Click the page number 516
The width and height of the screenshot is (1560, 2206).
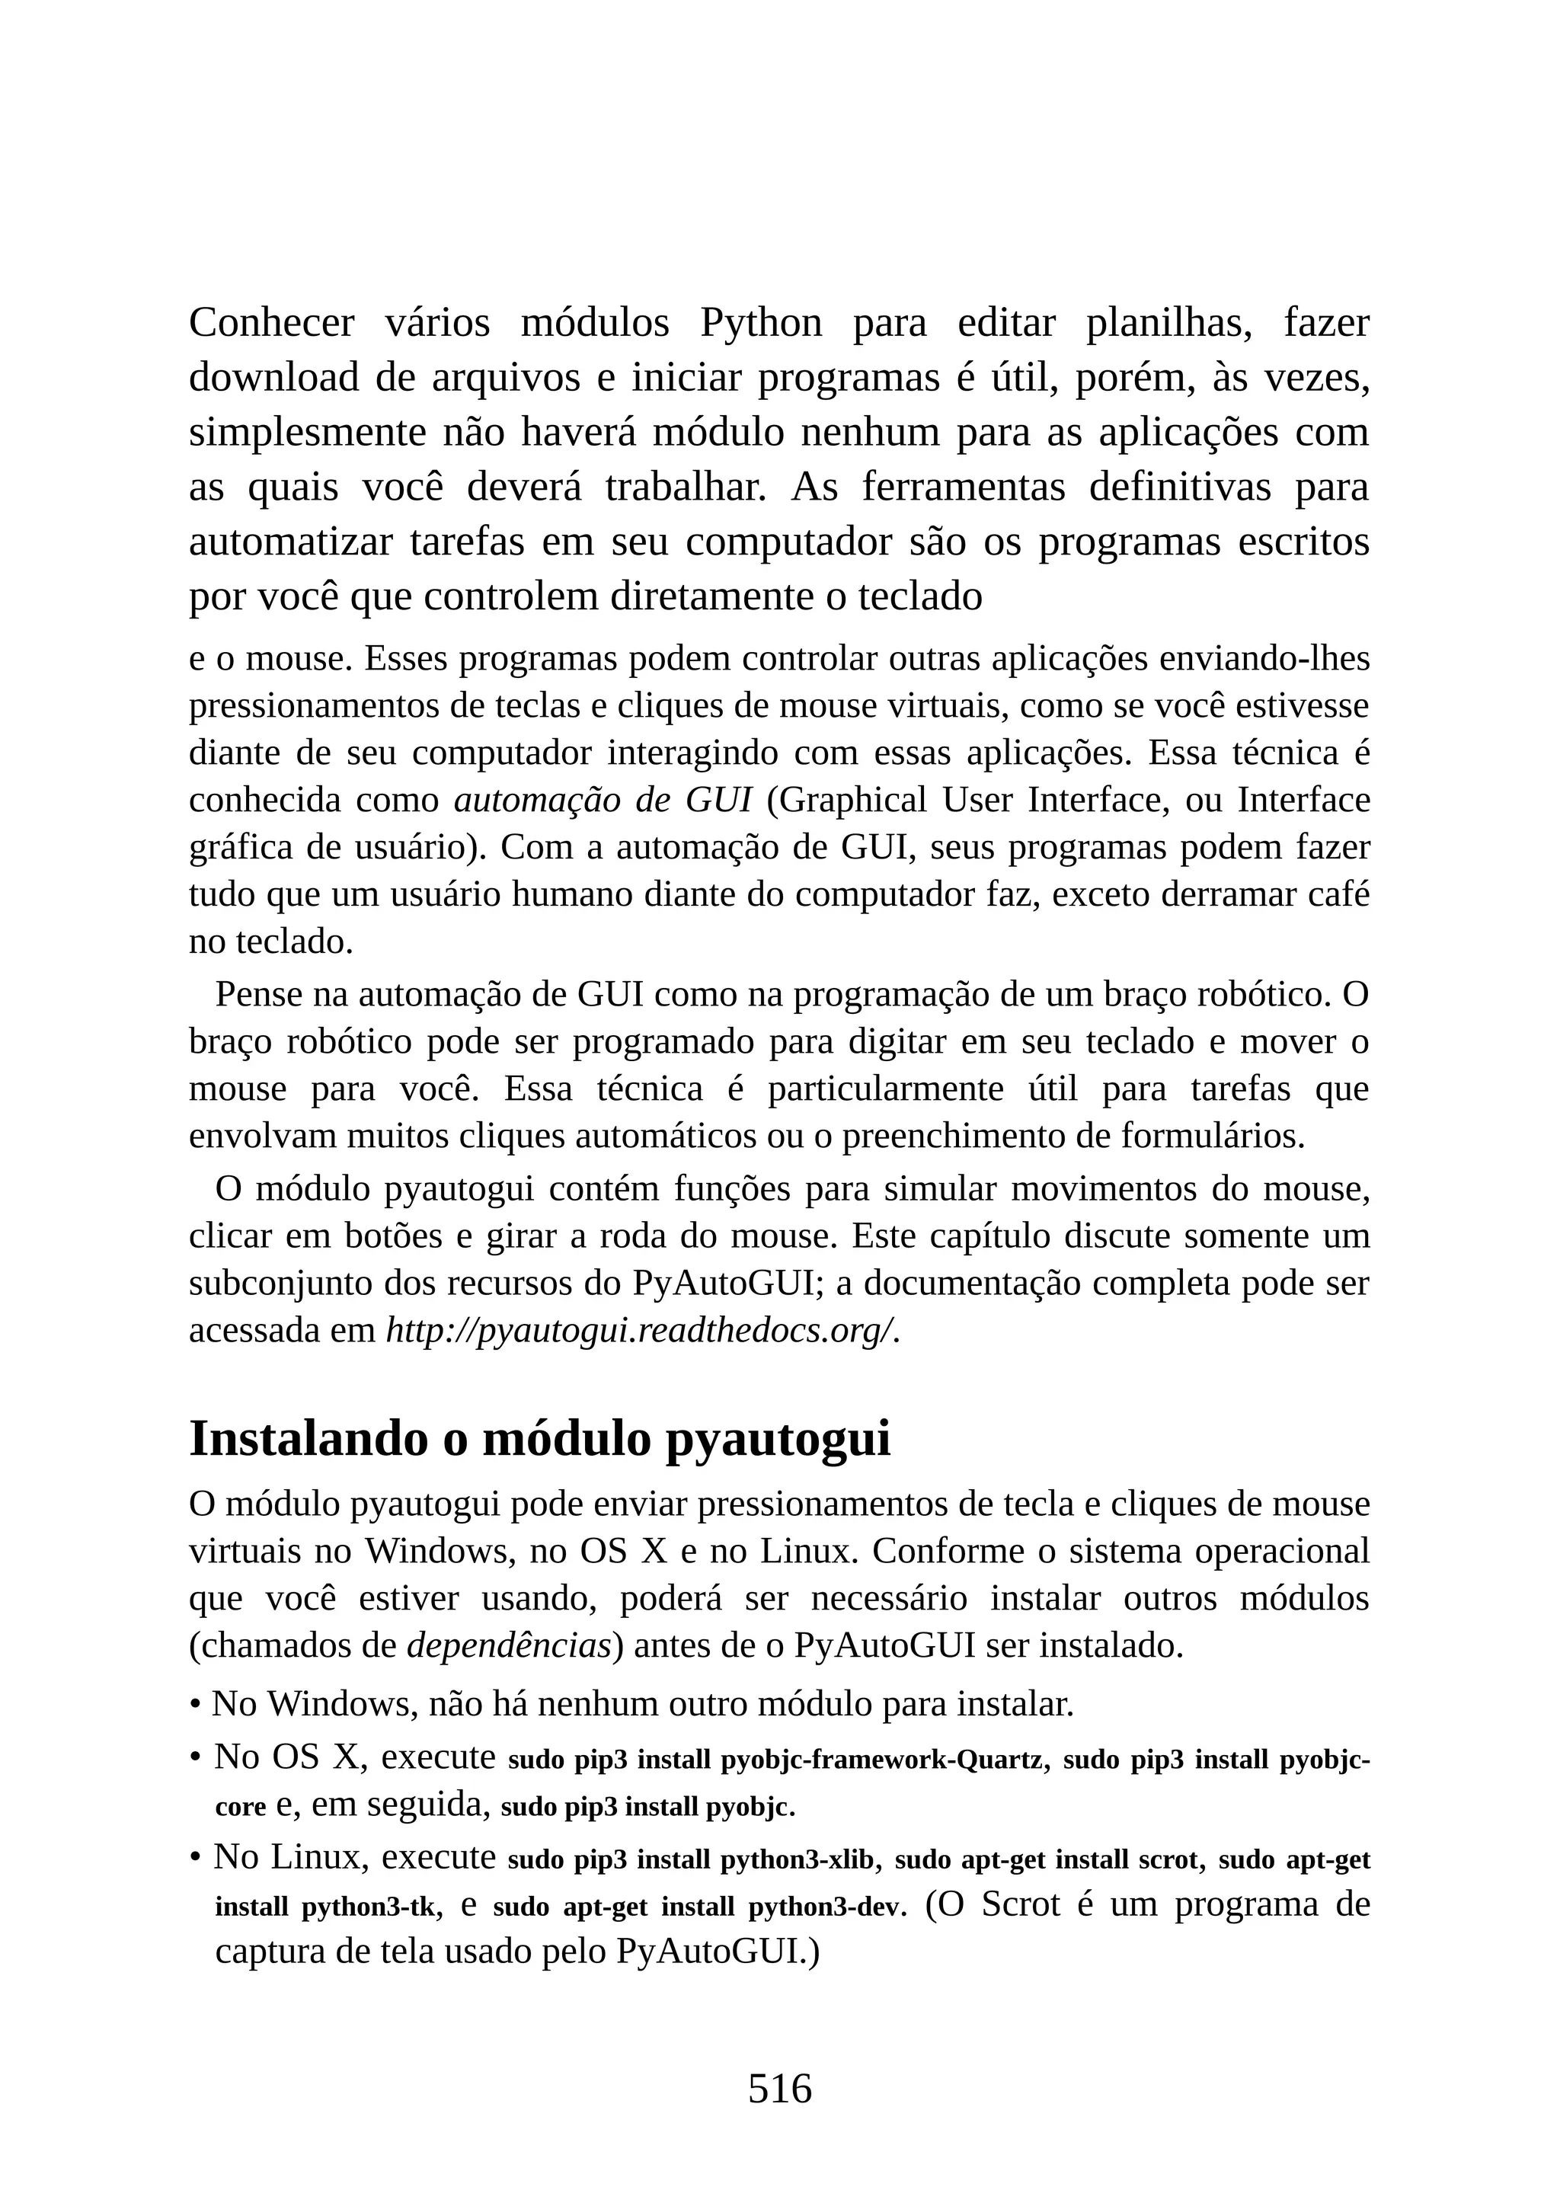tap(779, 2089)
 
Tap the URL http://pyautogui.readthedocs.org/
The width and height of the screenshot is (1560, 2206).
tap(641, 1331)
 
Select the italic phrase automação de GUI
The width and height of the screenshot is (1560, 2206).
tap(603, 799)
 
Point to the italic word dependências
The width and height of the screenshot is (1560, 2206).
tap(509, 1646)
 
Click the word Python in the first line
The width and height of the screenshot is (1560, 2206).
tap(761, 323)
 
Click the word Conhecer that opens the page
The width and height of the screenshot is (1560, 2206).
tap(271, 323)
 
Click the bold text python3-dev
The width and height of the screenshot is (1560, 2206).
tap(826, 1907)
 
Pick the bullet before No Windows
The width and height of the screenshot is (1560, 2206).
tap(195, 1706)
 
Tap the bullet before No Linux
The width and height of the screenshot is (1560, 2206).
tap(195, 1858)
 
